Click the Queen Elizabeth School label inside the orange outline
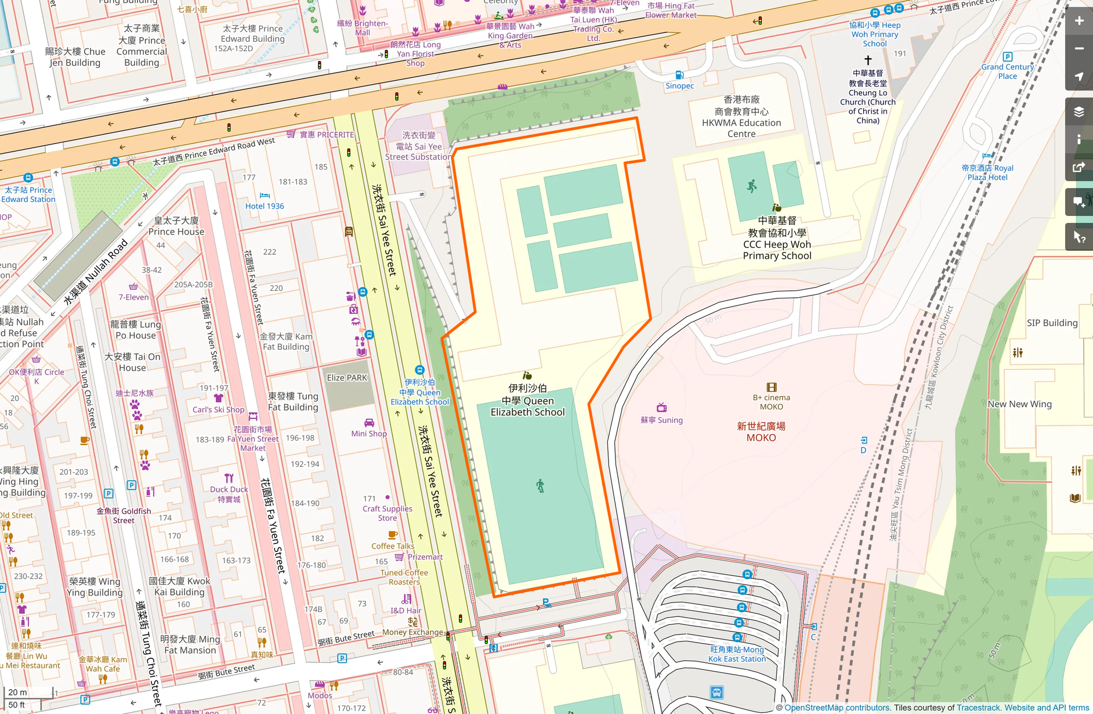pyautogui.click(x=527, y=401)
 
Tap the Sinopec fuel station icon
pyautogui.click(x=679, y=75)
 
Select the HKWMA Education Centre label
pyautogui.click(x=741, y=117)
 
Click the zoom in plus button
pyautogui.click(x=1079, y=21)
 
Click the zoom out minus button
pyautogui.click(x=1079, y=49)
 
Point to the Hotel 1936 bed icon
pyautogui.click(x=265, y=196)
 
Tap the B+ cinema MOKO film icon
pyautogui.click(x=772, y=387)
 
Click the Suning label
pyautogui.click(x=661, y=420)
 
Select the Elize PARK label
pyautogui.click(x=347, y=378)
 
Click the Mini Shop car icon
pyautogui.click(x=369, y=423)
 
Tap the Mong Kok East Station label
pyautogui.click(x=737, y=654)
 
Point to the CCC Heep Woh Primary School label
pyautogui.click(x=777, y=238)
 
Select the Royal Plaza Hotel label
pyautogui.click(x=987, y=172)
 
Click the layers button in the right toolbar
pyautogui.click(x=1079, y=112)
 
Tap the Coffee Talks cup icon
pyautogui.click(x=393, y=535)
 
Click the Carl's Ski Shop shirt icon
pyautogui.click(x=219, y=398)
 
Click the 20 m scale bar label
pyautogui.click(x=17, y=692)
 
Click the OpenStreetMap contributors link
pyautogui.click(x=837, y=708)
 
